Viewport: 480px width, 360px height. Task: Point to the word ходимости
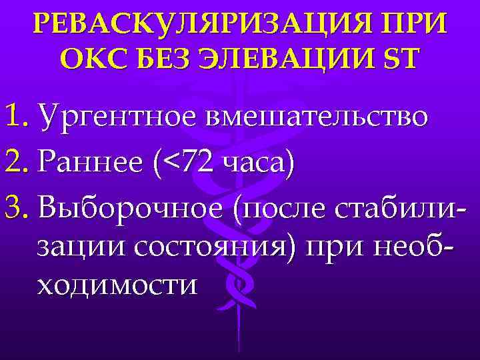click(118, 285)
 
